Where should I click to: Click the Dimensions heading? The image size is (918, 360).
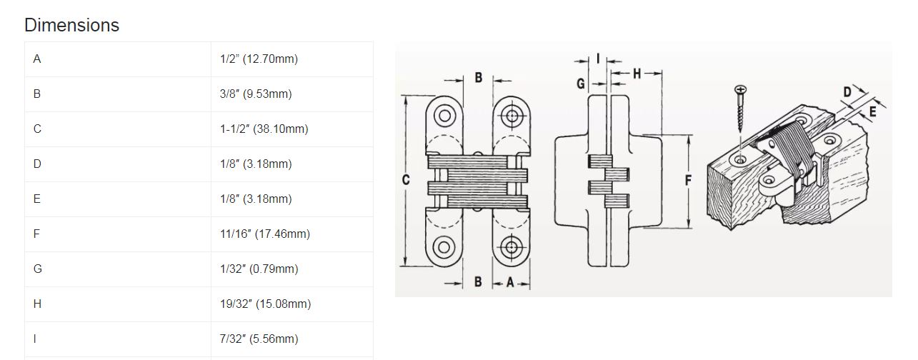pos(71,26)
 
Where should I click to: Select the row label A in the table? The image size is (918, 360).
pos(37,59)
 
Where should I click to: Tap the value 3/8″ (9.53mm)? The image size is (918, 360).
pos(256,94)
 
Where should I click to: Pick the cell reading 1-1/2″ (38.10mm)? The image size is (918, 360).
pos(264,129)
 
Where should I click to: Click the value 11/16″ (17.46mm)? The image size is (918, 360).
pos(265,234)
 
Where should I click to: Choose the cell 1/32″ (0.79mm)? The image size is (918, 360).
pos(259,269)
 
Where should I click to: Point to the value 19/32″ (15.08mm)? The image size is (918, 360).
pos(265,304)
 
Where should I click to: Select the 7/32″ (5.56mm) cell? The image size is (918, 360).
pos(259,339)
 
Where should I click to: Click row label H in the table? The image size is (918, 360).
pos(37,304)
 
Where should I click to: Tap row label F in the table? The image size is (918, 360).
pos(36,234)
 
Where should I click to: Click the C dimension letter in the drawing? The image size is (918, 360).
pos(406,179)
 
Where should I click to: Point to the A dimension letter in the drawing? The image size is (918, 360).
pos(510,282)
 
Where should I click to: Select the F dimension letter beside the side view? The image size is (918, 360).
pos(688,180)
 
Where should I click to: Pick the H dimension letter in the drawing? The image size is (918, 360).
pos(637,74)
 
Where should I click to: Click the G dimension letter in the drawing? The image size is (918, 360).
pos(581,84)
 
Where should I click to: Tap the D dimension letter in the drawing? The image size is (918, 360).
pos(847,91)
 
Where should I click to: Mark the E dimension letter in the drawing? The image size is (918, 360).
pos(872,111)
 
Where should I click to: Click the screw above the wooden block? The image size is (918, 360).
pos(740,108)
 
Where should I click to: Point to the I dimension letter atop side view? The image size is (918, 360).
pos(598,59)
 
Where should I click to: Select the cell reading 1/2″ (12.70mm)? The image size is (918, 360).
pos(259,59)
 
